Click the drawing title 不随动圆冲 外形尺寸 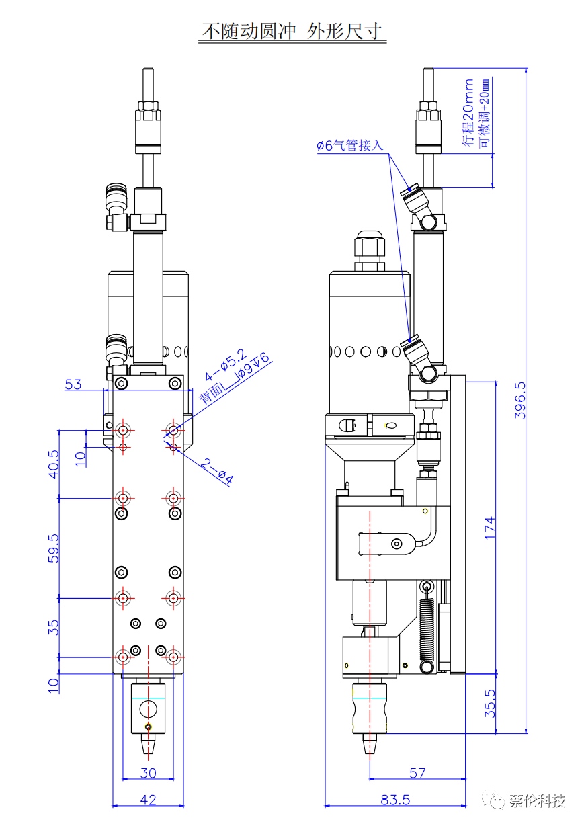pos(292,31)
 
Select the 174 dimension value pos(490,527)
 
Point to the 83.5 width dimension pos(395,800)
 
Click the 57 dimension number pos(417,773)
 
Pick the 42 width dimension pos(148,800)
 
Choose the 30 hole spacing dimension pos(148,773)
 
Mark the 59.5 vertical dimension pos(54,548)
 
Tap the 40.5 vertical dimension pos(54,463)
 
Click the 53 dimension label pos(73,384)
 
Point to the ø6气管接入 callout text pos(349,145)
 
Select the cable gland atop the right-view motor pos(370,249)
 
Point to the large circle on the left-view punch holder pos(147,708)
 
